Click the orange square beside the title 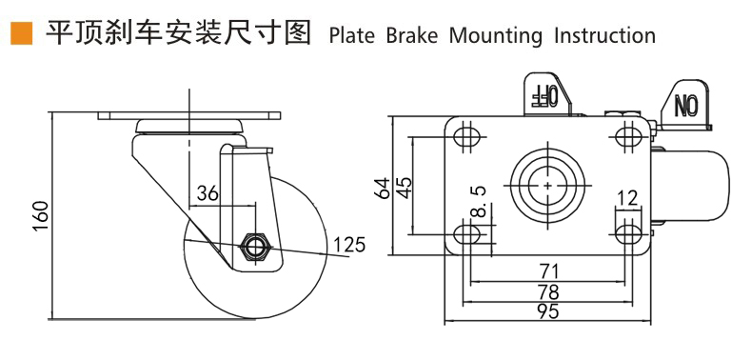[21, 33]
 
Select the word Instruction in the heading [604, 36]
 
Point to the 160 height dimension [41, 216]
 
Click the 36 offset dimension [208, 193]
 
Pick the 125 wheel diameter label [348, 245]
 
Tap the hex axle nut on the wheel [255, 248]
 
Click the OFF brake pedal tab [546, 94]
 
